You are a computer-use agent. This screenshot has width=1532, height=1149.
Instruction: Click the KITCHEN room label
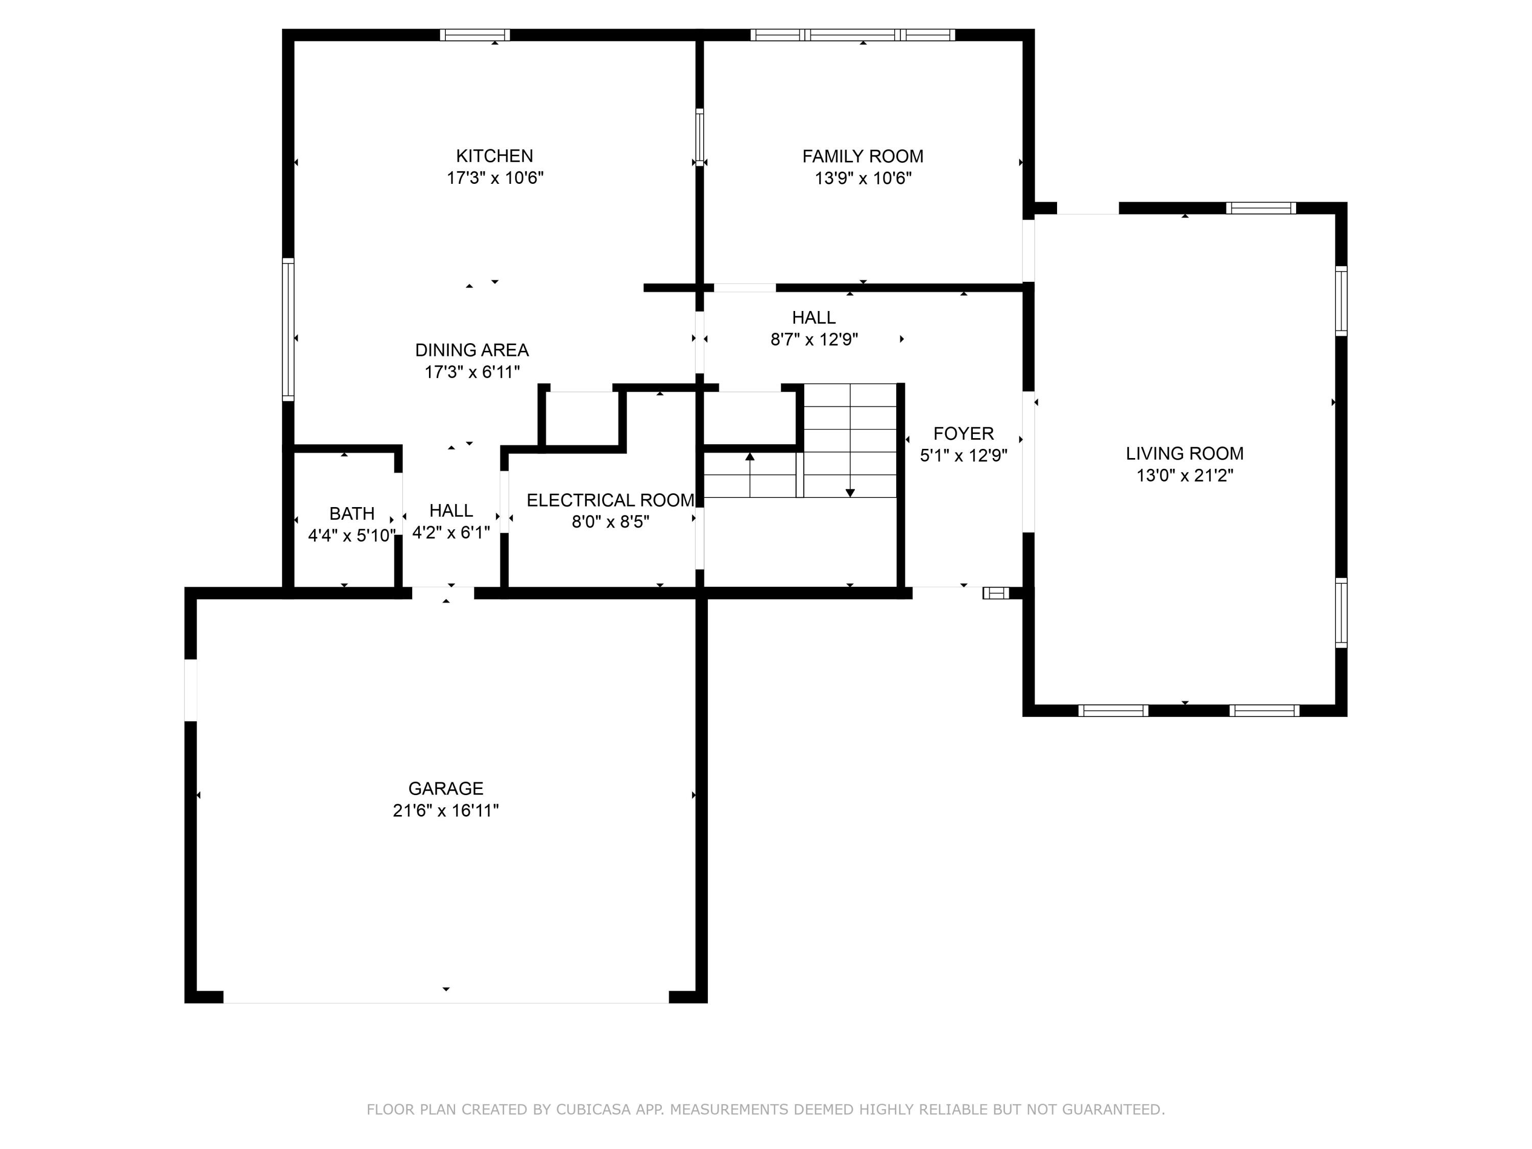coord(494,156)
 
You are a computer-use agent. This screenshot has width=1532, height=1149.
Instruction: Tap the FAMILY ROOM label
coord(863,157)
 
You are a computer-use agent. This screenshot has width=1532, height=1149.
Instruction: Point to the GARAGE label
coord(445,788)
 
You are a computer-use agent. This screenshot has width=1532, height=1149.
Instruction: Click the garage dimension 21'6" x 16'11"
coord(445,810)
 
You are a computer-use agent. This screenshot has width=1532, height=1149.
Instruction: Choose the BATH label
coord(352,513)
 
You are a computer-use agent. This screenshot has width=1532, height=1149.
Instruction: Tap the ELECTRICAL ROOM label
coord(610,500)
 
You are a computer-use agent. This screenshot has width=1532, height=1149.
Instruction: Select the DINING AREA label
coord(472,350)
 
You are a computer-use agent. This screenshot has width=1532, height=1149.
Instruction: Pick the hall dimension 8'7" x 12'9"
coord(814,340)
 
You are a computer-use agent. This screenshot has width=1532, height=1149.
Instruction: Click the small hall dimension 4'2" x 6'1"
coord(451,533)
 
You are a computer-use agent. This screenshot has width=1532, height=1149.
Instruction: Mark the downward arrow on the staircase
coord(850,492)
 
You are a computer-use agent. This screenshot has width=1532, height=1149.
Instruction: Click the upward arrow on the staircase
coord(749,457)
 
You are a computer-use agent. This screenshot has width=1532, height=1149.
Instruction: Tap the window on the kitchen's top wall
coord(474,35)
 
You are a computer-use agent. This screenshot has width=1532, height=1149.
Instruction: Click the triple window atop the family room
coord(853,35)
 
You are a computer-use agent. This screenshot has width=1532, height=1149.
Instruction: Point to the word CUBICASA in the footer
coord(593,1110)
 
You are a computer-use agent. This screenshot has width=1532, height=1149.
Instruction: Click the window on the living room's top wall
coord(1260,208)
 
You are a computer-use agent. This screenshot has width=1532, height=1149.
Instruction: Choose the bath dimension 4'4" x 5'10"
coord(352,535)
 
